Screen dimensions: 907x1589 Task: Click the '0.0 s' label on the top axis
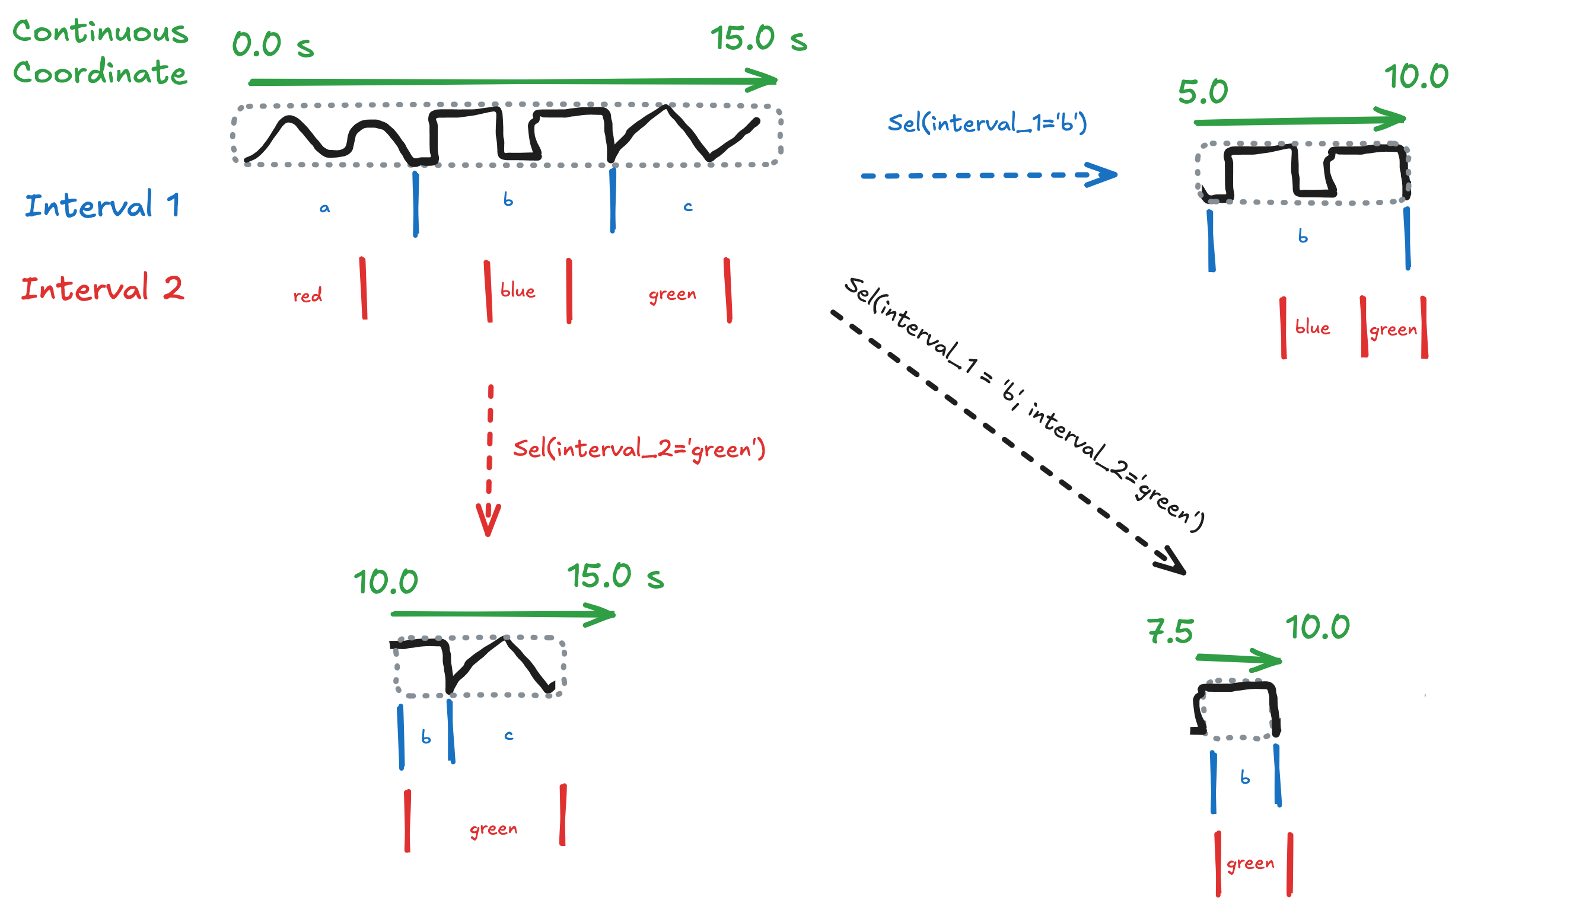tap(272, 45)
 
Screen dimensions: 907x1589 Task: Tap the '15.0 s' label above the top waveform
tap(758, 39)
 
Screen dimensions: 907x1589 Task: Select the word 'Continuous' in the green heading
tap(100, 31)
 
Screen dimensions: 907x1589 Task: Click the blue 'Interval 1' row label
tap(102, 205)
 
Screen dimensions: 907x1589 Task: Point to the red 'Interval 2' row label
tap(102, 289)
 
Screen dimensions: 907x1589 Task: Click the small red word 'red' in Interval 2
tap(307, 295)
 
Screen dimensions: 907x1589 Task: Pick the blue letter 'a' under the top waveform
tap(324, 208)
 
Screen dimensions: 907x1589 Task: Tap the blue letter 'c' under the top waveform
tap(687, 206)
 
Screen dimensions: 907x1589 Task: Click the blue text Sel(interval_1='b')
tap(986, 123)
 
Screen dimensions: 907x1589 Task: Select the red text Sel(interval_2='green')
tap(638, 449)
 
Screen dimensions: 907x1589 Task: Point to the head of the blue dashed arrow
tap(1103, 174)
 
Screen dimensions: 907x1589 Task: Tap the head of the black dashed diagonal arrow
tap(1171, 561)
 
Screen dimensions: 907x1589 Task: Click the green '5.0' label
tap(1202, 92)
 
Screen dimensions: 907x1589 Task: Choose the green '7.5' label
tap(1169, 632)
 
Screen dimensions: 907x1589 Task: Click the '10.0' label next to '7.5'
tap(1317, 627)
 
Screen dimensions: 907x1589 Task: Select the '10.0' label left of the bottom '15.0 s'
tap(385, 582)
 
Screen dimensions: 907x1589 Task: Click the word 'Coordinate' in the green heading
tap(100, 72)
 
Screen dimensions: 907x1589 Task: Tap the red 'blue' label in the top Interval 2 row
tap(517, 291)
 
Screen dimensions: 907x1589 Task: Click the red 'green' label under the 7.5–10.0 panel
tap(1249, 863)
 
